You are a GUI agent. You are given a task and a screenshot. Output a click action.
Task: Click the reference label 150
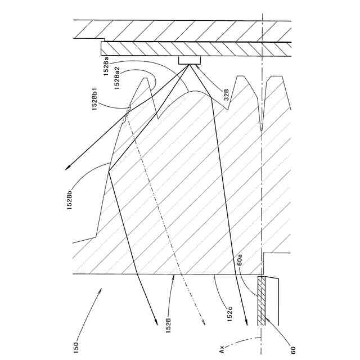pos(76,343)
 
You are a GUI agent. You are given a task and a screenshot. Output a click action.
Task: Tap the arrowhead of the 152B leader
pos(175,274)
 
